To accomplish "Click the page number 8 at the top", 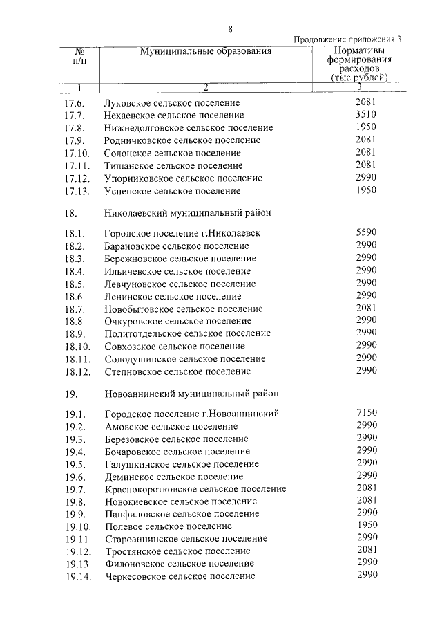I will [231, 28].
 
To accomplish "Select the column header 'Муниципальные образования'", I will [206, 51].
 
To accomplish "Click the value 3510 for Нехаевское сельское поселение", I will [366, 115].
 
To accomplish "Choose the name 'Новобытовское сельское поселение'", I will [183, 309].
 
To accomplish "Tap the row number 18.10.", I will [77, 346].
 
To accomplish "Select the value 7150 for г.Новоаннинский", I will [366, 413].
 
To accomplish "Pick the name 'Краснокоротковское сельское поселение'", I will [195, 488].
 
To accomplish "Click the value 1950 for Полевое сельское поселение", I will [366, 525].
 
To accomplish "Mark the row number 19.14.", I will [77, 576].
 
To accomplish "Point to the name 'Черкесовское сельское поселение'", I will [180, 576].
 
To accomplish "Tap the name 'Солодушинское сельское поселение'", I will [185, 359].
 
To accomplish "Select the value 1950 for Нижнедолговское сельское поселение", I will [366, 127].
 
